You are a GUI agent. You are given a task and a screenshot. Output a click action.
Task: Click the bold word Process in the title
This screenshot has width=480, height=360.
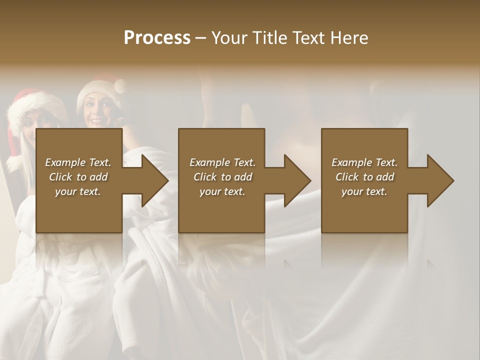point(157,38)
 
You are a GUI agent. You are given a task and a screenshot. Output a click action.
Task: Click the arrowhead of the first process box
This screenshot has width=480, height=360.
point(155,180)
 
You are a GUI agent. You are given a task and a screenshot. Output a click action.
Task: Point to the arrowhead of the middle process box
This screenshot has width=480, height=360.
point(297,180)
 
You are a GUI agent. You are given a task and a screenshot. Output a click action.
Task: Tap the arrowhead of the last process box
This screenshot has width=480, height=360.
point(440,180)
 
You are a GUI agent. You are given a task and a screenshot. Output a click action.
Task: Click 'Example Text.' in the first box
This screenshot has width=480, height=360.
point(78,162)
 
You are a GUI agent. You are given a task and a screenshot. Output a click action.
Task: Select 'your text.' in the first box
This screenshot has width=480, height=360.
point(78,191)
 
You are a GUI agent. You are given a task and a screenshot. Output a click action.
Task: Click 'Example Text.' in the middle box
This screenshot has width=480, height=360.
point(222,162)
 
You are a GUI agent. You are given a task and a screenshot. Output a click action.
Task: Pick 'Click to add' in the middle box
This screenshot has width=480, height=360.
point(222,177)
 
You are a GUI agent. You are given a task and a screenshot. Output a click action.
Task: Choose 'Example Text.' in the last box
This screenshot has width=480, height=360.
point(364,162)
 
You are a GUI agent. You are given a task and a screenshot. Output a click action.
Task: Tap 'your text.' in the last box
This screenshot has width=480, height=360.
point(364,191)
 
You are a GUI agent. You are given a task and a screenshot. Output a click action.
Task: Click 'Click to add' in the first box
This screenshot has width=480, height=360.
point(78,177)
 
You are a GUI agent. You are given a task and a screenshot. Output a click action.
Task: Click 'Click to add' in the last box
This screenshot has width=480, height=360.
point(364,177)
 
